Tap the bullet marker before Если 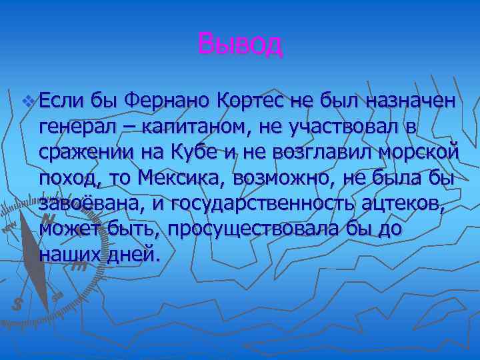27,102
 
